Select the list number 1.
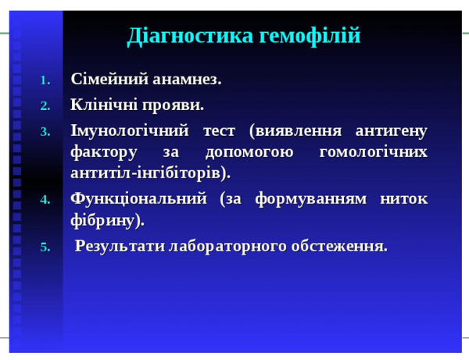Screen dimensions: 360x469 [x=45, y=81]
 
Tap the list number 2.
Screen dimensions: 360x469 [x=45, y=105]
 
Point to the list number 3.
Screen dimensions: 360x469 [x=45, y=130]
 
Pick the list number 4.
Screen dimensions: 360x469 [x=45, y=200]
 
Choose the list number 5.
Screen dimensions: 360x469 [x=45, y=248]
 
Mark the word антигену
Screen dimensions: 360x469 [x=390, y=129]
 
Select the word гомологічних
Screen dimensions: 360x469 [x=374, y=151]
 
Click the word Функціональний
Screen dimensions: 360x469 [x=138, y=198]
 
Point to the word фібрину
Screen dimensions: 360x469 [x=107, y=220]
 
